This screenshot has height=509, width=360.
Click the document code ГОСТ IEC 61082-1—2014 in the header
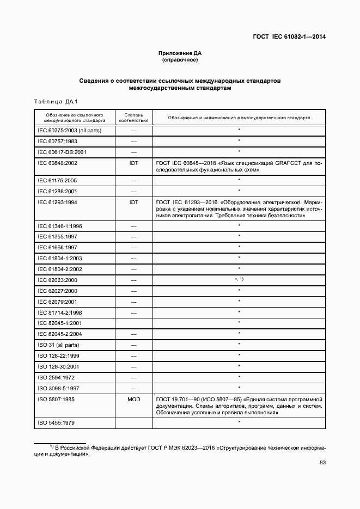[x=289, y=37]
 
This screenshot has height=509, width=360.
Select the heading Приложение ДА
[x=180, y=53]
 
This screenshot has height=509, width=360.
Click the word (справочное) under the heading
[x=180, y=60]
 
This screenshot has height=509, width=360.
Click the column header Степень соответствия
[x=133, y=117]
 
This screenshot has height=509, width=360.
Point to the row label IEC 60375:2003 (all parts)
[x=69, y=131]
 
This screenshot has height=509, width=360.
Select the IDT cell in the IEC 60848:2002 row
[x=133, y=163]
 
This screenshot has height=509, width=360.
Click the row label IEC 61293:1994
[x=57, y=201]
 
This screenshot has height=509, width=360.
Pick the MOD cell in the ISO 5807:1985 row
[x=133, y=399]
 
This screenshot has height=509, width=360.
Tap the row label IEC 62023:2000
[x=57, y=279]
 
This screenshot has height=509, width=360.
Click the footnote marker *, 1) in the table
[x=239, y=279]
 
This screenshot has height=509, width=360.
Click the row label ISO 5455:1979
[x=56, y=422]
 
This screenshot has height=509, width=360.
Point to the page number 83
[x=322, y=463]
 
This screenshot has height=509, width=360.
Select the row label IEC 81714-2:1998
[x=59, y=312]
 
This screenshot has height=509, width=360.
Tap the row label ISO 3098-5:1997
[x=58, y=388]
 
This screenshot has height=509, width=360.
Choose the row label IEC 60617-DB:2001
[x=60, y=152]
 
